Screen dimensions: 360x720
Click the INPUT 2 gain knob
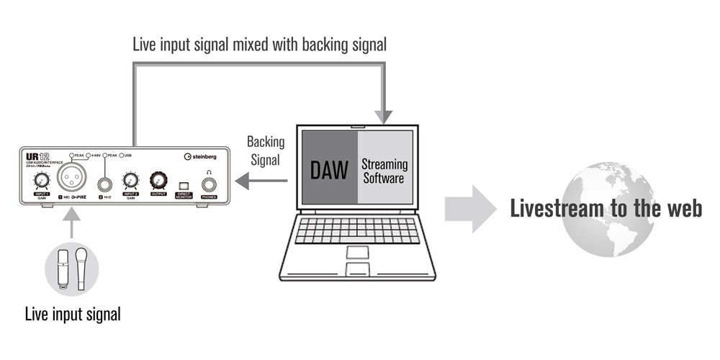[131, 181]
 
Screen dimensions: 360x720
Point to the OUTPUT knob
[158, 180]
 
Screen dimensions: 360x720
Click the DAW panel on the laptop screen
[329, 168]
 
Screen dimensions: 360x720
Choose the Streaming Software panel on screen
[384, 168]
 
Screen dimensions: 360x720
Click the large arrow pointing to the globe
[471, 209]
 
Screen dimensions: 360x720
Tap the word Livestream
[557, 209]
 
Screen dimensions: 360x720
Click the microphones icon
[72, 267]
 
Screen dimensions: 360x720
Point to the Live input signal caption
[72, 315]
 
